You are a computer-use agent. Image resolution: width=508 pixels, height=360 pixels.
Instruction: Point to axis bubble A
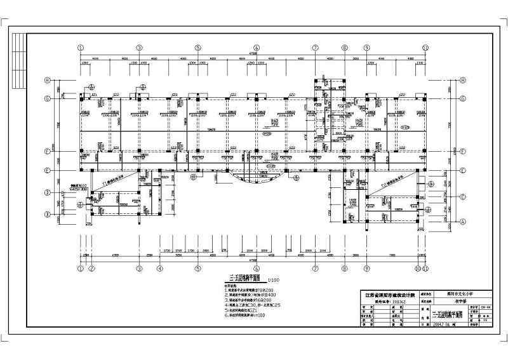tap(463, 221)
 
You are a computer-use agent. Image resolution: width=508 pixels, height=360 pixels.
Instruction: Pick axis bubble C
tap(463, 196)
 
